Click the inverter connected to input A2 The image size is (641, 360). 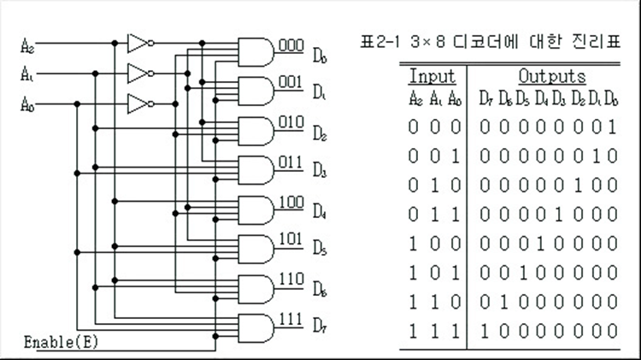coord(140,43)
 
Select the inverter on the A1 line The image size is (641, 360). coord(140,74)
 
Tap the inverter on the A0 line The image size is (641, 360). coord(140,104)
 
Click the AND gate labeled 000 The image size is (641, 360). coord(256,52)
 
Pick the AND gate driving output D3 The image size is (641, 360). coord(256,170)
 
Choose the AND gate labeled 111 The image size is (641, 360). coord(256,328)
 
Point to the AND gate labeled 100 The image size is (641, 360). coord(256,210)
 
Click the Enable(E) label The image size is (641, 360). coord(61,342)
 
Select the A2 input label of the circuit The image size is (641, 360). coord(27,46)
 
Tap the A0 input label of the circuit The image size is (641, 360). coord(27,104)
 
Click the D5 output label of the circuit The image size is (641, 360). coord(320,247)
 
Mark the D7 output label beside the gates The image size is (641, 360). coord(320,326)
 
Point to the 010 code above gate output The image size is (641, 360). coord(291,122)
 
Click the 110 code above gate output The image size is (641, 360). coord(291,279)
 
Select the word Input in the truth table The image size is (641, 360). coord(432,76)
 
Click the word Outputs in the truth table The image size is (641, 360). coord(552,76)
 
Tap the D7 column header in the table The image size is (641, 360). coord(486,99)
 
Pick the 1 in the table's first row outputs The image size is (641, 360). coord(612,127)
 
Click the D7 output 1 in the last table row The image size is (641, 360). coord(485,331)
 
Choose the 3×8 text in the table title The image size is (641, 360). coord(427,42)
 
